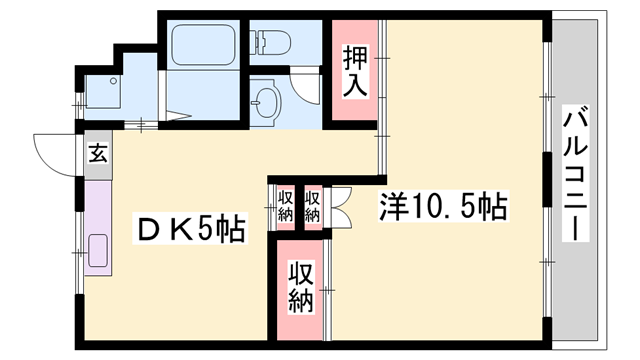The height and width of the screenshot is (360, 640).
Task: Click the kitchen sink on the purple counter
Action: click(x=98, y=251)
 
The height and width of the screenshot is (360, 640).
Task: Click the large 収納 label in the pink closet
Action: click(x=301, y=286)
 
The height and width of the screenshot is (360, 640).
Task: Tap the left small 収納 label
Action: click(x=286, y=205)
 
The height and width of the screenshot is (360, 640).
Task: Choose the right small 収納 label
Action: click(x=312, y=205)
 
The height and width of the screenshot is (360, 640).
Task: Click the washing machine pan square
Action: click(x=101, y=93)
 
